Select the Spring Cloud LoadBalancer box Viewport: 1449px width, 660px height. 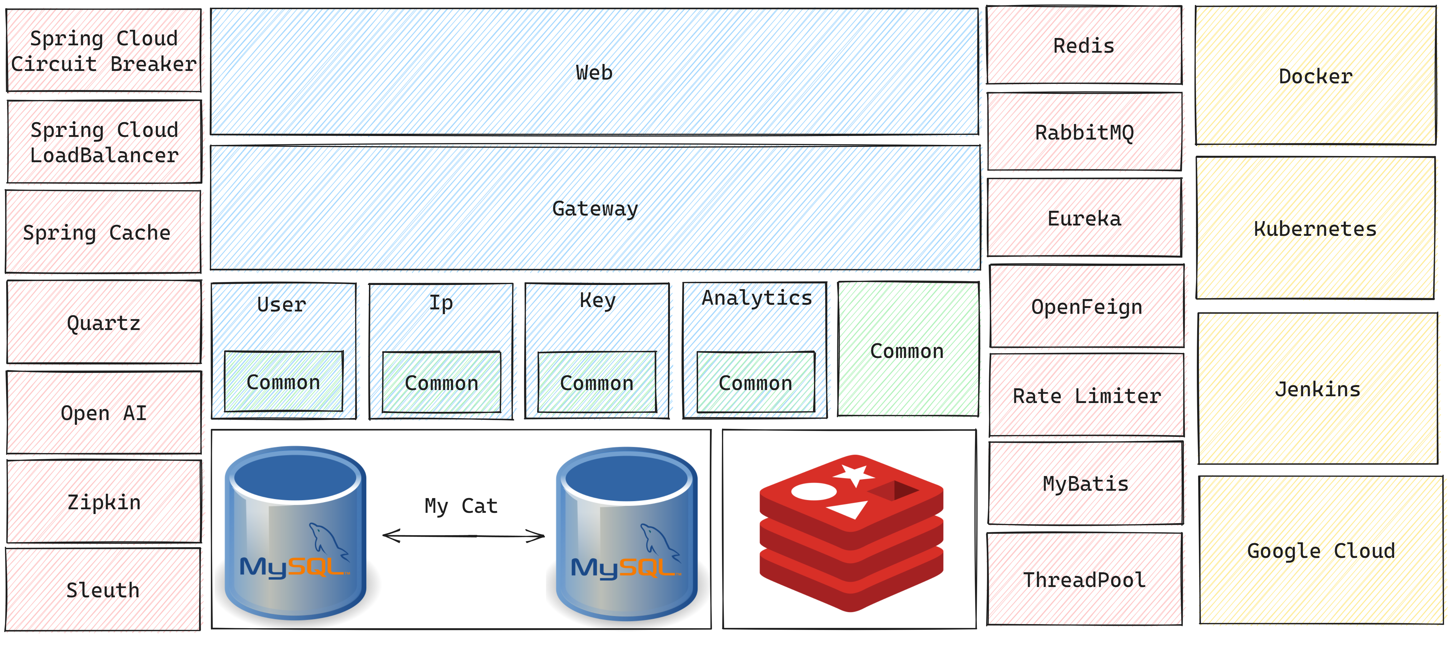pyautogui.click(x=104, y=142)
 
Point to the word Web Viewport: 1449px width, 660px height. pyautogui.click(x=594, y=73)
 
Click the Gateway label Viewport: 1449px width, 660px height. pyautogui.click(x=595, y=209)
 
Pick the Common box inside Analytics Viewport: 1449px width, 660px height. pyautogui.click(x=756, y=383)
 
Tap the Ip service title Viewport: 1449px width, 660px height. pyautogui.click(x=441, y=303)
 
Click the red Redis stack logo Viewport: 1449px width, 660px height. pyautogui.click(x=851, y=532)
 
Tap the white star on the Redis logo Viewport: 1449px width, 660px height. pyautogui.click(x=854, y=474)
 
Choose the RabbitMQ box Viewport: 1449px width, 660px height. pyautogui.click(x=1084, y=132)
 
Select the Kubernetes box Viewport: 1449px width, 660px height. pyautogui.click(x=1315, y=228)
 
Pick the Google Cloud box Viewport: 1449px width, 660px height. pyautogui.click(x=1321, y=550)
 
